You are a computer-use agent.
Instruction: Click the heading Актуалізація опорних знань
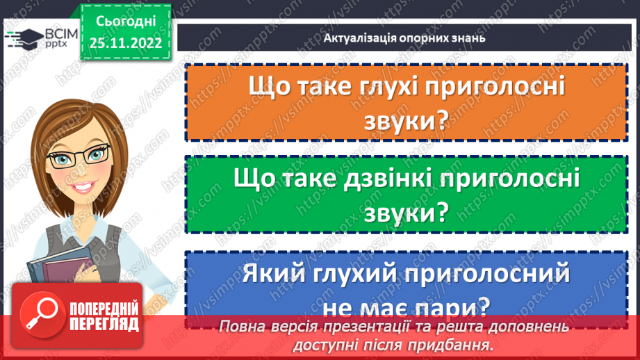tap(404, 38)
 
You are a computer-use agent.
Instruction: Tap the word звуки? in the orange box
tap(404, 120)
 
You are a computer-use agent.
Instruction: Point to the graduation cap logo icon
tap(17, 38)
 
